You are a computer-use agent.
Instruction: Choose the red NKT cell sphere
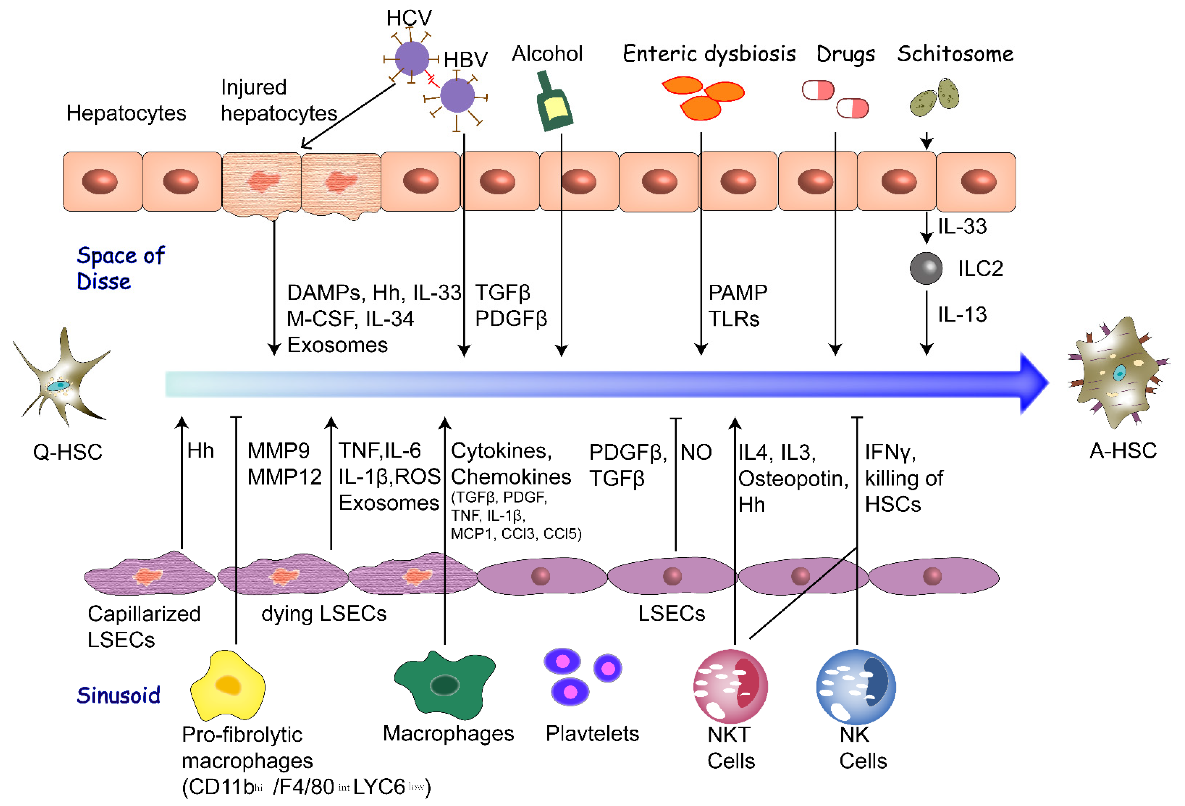point(730,686)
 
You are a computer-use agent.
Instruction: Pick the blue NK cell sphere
point(856,686)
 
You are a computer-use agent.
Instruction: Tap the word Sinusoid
point(118,695)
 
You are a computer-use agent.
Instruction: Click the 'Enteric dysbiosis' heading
point(709,53)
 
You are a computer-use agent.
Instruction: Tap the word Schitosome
point(955,53)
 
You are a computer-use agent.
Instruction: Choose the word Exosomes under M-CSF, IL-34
point(337,345)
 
